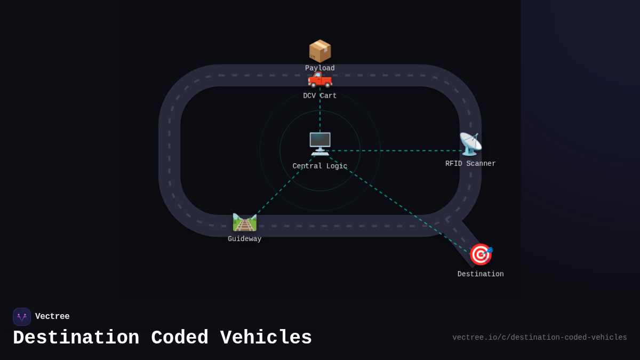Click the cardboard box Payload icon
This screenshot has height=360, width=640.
320,51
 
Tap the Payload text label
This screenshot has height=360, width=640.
320,68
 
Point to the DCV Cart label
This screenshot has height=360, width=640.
320,96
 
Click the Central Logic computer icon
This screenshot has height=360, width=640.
320,143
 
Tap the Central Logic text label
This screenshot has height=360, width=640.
320,166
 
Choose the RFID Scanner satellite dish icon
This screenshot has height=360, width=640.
470,144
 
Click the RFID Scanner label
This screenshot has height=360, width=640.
470,164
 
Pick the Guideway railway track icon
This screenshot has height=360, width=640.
245,222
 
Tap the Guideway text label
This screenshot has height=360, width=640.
245,239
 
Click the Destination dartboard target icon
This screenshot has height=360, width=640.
481,254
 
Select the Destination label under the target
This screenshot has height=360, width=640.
481,274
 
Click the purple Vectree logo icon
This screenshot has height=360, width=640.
22,317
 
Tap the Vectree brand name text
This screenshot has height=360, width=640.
52,317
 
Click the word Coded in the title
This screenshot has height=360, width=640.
180,338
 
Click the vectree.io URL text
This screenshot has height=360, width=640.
540,338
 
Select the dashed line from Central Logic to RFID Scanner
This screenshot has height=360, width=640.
395,150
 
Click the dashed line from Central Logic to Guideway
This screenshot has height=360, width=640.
283,187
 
